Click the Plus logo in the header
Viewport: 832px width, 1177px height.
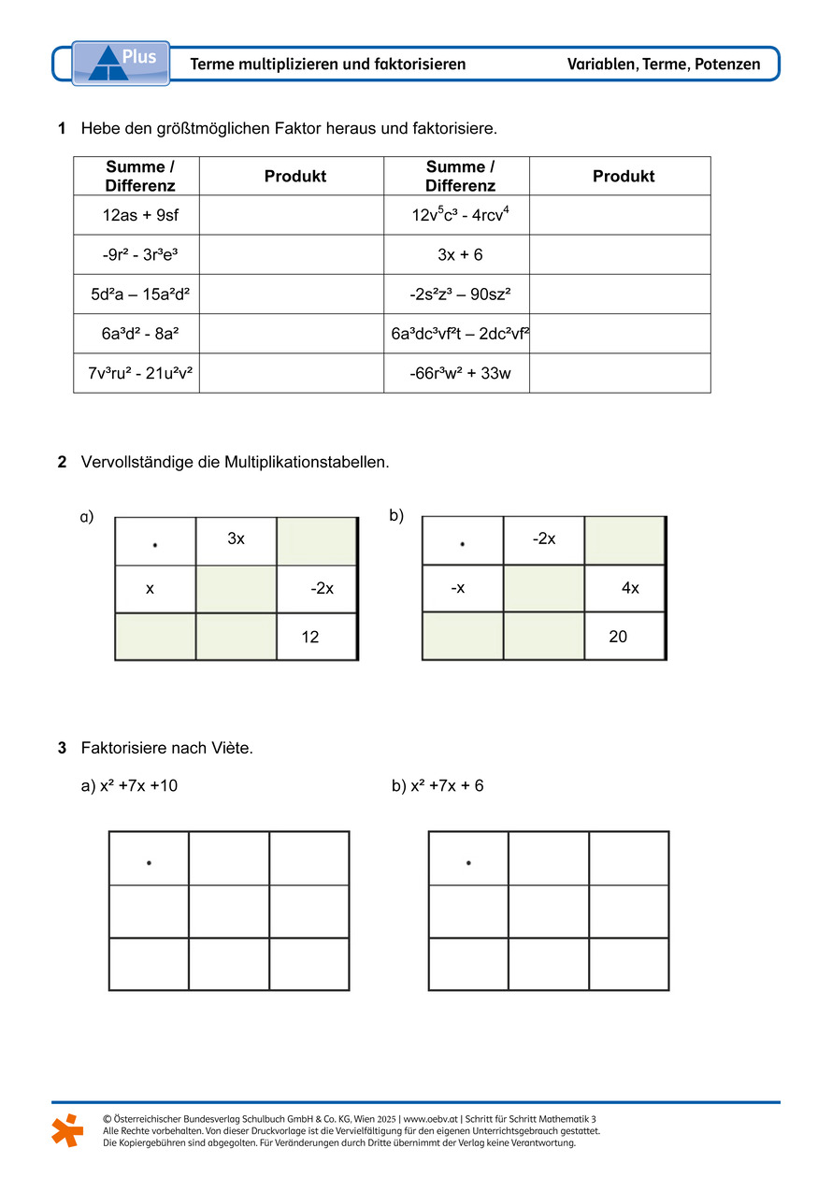click(121, 64)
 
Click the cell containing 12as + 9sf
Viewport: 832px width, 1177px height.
click(139, 216)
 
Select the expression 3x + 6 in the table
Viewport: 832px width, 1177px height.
click(460, 255)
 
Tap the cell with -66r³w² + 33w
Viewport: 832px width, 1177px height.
click(460, 374)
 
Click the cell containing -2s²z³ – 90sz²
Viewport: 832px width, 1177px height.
click(460, 294)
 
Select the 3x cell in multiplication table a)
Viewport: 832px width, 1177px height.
click(237, 539)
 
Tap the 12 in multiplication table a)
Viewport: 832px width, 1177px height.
click(310, 638)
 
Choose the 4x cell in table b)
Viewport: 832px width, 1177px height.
click(630, 589)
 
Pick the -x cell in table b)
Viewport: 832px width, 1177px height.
click(457, 589)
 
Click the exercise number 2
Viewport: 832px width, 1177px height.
click(62, 462)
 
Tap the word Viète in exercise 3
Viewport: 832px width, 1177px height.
click(229, 748)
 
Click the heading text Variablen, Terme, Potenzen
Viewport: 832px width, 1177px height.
click(663, 65)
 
